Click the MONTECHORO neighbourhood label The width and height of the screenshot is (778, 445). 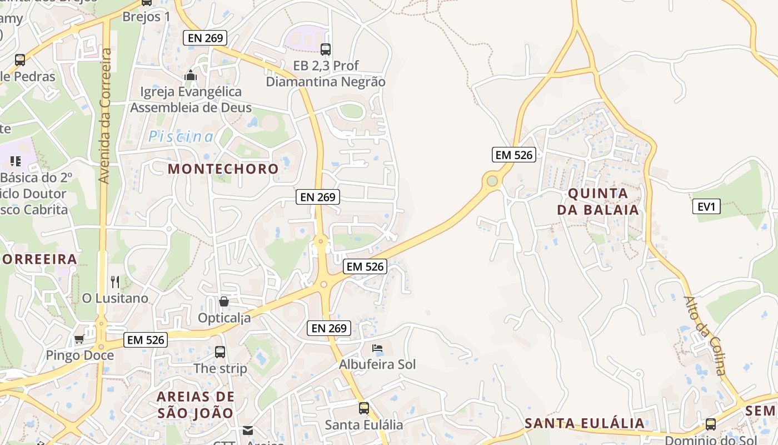[x=223, y=169]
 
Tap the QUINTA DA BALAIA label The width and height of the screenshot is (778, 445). [x=603, y=202]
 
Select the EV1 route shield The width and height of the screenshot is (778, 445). [x=706, y=207]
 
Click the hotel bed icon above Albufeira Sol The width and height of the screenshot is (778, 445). [x=377, y=349]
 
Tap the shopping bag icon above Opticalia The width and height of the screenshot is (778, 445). [x=224, y=301]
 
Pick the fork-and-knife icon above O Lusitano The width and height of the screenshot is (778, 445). [x=115, y=281]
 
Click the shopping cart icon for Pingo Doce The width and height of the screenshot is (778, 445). [x=79, y=339]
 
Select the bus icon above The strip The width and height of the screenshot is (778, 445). [x=220, y=352]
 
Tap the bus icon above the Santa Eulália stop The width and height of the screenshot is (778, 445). [x=363, y=408]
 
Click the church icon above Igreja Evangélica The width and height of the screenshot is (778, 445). [x=191, y=75]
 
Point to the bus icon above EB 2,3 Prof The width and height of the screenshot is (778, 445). [x=326, y=50]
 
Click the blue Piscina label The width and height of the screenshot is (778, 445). [x=181, y=136]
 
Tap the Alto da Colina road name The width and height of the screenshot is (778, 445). [x=705, y=335]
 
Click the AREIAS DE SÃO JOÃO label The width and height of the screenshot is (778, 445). [x=195, y=404]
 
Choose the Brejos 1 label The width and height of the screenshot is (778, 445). [x=146, y=17]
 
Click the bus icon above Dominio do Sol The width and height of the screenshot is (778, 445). [x=711, y=424]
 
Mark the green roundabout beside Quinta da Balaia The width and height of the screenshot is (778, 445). [x=492, y=181]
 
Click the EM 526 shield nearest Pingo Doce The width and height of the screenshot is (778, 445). [x=146, y=339]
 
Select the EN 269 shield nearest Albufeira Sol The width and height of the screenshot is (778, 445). [x=329, y=328]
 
